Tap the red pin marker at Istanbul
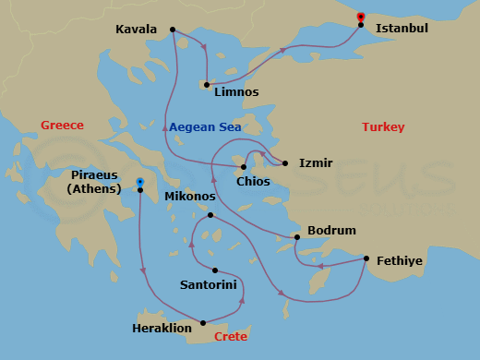point(360,16)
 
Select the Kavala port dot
point(174,30)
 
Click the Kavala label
point(136,30)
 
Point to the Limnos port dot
point(207,85)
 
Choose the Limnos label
point(235,92)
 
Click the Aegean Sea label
point(205,127)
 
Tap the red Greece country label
point(62,126)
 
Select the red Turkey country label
point(383,127)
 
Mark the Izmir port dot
point(285,163)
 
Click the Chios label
point(253,182)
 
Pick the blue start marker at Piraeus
point(139,182)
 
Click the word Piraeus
point(96,174)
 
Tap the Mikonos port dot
point(210,215)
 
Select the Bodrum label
point(331,230)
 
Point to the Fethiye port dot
point(366,258)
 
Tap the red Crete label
point(231,337)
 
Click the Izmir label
point(315,163)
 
